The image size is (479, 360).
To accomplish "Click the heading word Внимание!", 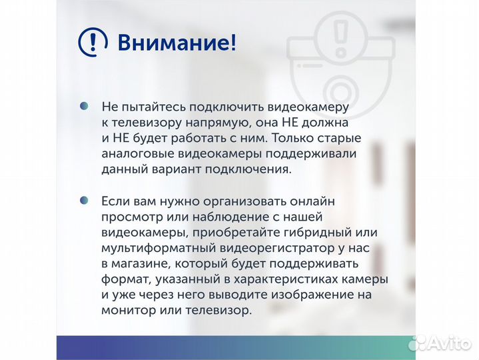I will (177, 43).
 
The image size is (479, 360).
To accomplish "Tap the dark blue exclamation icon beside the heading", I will (93, 43).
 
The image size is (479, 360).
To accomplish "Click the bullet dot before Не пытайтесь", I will (84, 106).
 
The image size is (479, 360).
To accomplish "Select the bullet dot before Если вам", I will (84, 200).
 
